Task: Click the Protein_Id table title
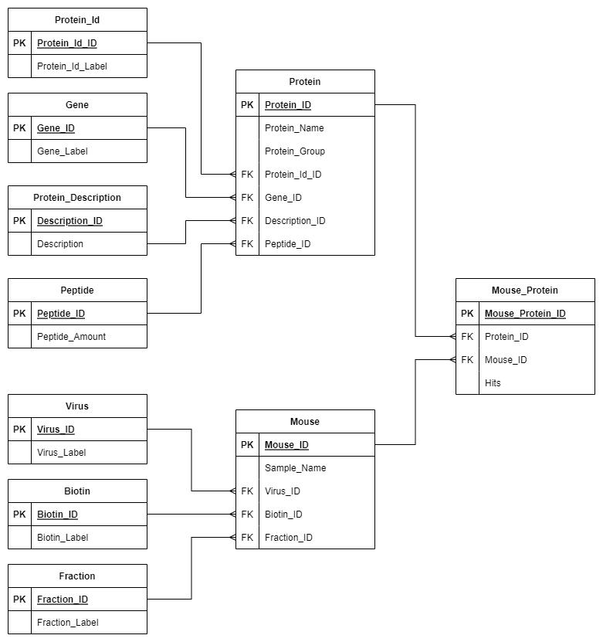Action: [x=77, y=20]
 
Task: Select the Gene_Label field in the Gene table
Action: [x=63, y=151]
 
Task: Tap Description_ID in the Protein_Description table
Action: [x=69, y=221]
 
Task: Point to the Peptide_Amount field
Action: [x=72, y=337]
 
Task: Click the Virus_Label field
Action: [x=62, y=453]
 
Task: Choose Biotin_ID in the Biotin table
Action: [x=57, y=515]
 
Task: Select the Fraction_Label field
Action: [x=68, y=623]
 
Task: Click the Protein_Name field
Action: [x=294, y=128]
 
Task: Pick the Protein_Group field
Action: [x=295, y=151]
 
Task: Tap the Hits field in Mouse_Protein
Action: [x=493, y=383]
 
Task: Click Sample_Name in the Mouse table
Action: [x=295, y=468]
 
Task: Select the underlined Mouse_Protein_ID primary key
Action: [x=525, y=314]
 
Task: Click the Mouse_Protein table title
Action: [x=525, y=290]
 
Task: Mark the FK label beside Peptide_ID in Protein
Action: [x=247, y=244]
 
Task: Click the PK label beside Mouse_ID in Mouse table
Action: [x=247, y=445]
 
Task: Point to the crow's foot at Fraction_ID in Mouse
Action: [x=231, y=538]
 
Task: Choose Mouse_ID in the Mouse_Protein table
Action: [x=506, y=360]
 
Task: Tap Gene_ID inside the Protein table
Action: [x=283, y=198]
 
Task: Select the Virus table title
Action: [x=77, y=406]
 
